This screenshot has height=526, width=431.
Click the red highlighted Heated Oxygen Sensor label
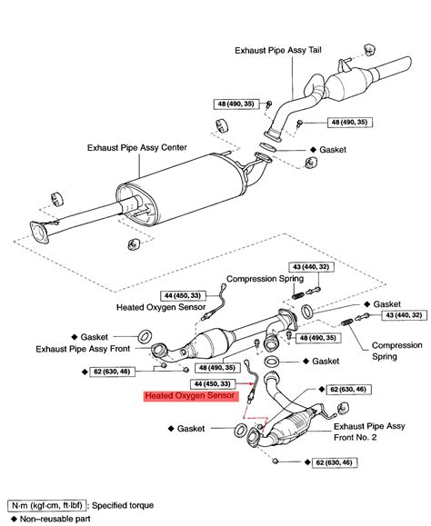pos(189,397)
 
